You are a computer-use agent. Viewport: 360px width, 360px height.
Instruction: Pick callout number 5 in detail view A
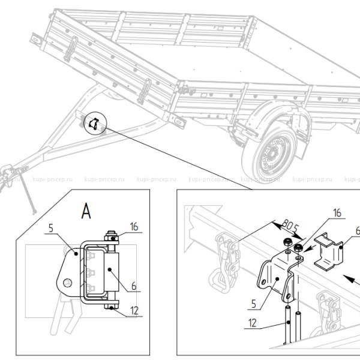click(52, 227)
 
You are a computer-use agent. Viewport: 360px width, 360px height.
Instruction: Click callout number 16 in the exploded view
click(337, 213)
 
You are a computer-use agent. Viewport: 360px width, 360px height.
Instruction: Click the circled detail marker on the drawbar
click(94, 123)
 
